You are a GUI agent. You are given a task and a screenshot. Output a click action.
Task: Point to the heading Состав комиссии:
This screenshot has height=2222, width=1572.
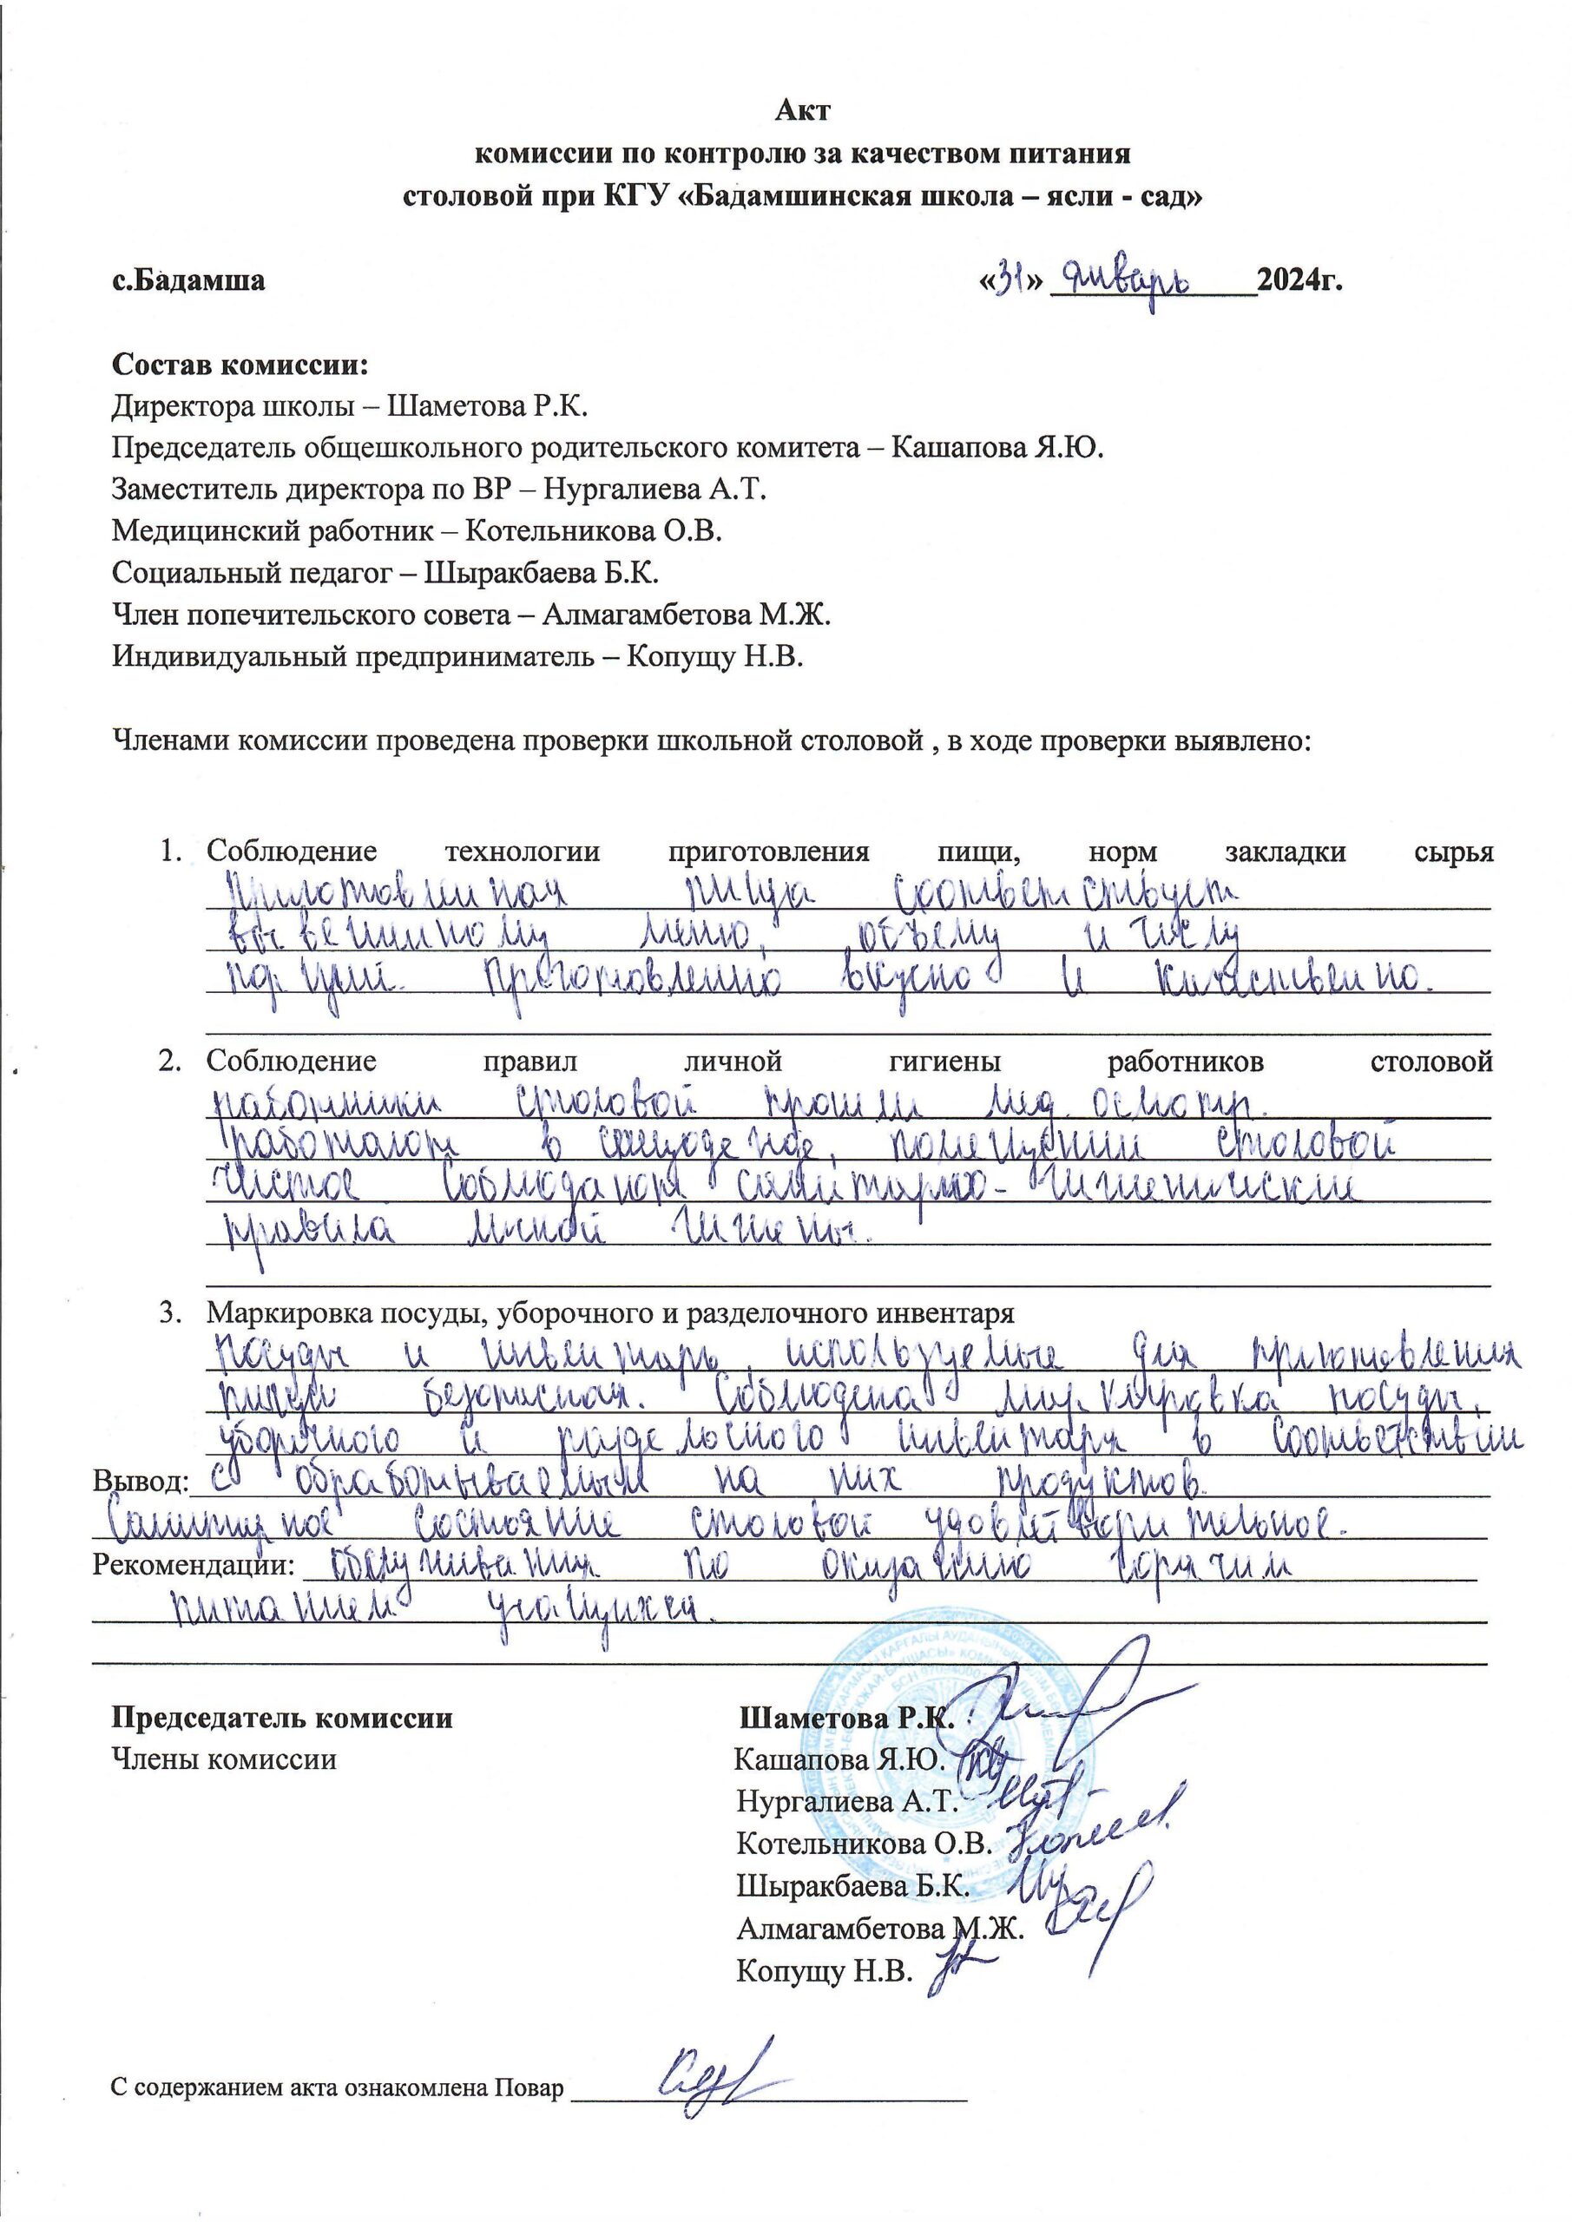[241, 367]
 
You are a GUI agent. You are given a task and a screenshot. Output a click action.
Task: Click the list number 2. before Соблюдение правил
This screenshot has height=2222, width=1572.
[170, 1061]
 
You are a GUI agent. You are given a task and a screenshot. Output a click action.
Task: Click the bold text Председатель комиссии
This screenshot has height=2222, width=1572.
[283, 1718]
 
